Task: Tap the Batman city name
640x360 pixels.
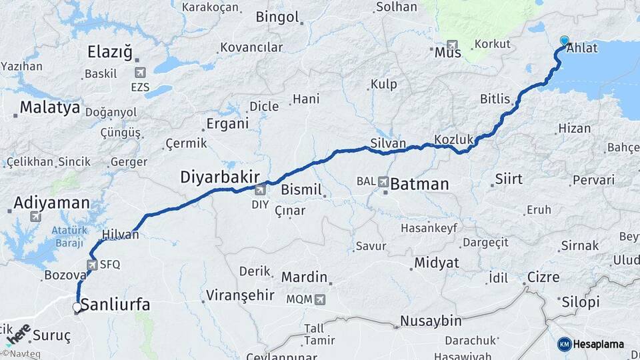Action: (419, 184)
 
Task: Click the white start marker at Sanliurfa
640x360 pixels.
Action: (77, 307)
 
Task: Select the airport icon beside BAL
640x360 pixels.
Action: (383, 181)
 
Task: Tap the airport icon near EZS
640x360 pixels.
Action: (140, 72)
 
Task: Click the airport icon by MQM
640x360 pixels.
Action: (321, 299)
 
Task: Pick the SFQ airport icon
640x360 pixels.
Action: (93, 264)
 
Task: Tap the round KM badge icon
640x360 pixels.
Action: (565, 344)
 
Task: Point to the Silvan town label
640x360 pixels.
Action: (388, 143)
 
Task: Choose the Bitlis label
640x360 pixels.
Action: (495, 99)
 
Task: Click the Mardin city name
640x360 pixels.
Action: (304, 277)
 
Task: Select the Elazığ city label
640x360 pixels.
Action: (110, 52)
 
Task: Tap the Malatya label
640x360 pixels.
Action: (49, 107)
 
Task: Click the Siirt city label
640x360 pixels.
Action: (509, 179)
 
